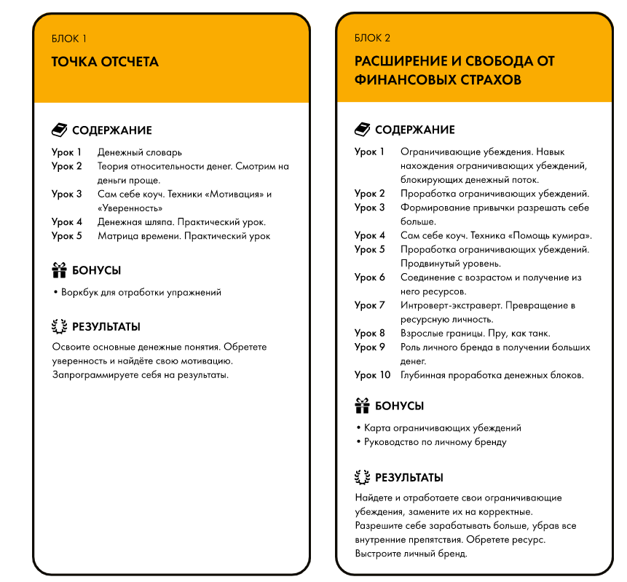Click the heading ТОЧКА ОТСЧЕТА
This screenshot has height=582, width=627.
(x=105, y=62)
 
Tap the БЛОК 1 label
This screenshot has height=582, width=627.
(x=69, y=39)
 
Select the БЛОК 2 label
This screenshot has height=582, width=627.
(x=373, y=38)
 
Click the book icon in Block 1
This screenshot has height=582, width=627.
(x=59, y=130)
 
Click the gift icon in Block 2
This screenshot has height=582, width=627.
(x=362, y=406)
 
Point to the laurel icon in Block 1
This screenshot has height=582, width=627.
(x=59, y=327)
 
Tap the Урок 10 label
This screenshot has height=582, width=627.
(x=372, y=375)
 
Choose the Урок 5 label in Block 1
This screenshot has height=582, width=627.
(x=67, y=236)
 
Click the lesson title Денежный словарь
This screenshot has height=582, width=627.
(x=140, y=152)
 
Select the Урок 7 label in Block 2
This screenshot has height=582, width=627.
(x=370, y=305)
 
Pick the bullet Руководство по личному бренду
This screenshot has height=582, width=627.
(x=435, y=442)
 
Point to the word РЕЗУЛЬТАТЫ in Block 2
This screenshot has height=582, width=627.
(x=409, y=478)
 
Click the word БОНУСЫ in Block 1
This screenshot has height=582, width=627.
(x=96, y=270)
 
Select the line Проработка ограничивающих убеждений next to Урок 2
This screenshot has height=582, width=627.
(x=494, y=194)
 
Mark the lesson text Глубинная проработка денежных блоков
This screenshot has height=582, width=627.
(x=492, y=375)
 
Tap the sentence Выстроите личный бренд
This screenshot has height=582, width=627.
(x=411, y=554)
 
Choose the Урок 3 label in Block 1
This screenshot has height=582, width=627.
(x=67, y=194)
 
